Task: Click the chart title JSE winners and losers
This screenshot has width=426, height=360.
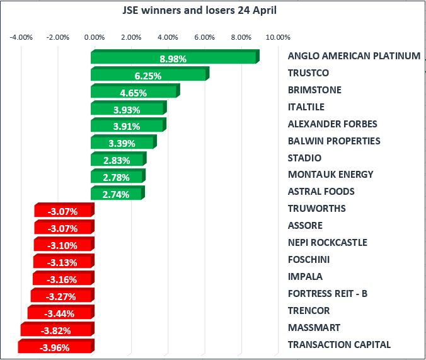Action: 199,11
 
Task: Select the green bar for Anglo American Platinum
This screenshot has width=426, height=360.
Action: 173,58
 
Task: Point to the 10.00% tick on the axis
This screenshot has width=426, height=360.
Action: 277,37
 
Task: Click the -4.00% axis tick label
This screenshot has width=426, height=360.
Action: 21,37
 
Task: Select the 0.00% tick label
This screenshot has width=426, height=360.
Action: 94,37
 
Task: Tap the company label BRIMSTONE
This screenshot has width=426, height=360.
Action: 314,90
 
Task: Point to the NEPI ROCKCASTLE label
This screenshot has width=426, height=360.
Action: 327,243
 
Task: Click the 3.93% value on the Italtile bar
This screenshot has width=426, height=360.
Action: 127,109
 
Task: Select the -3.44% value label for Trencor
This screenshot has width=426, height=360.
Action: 59,313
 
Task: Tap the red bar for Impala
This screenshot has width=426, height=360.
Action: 62,278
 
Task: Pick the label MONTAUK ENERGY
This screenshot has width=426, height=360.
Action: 330,175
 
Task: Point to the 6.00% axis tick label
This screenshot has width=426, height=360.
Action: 204,37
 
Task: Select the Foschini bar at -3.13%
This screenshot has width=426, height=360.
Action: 62,261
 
